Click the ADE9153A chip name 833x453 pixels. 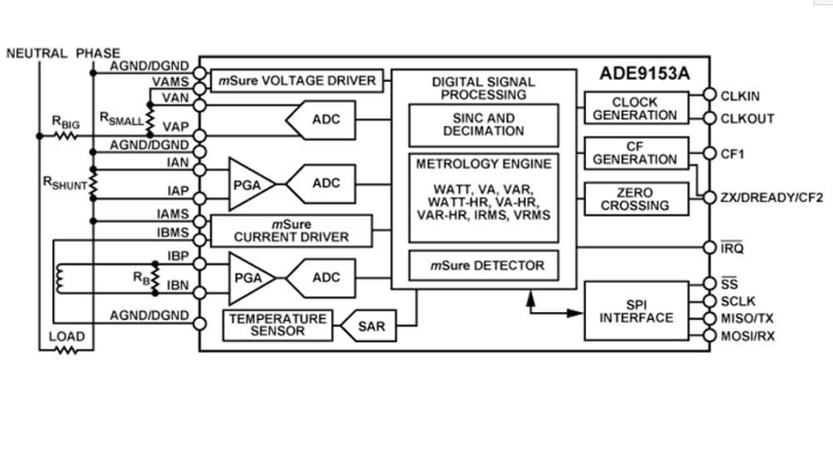click(645, 73)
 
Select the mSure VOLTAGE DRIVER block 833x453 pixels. click(297, 81)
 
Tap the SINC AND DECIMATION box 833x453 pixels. click(483, 125)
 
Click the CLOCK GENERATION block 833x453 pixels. click(635, 108)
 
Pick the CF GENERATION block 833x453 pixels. click(635, 153)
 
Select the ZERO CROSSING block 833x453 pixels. click(635, 199)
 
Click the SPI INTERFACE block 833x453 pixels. click(636, 311)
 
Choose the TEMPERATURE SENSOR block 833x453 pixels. click(278, 325)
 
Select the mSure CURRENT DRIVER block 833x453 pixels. click(291, 231)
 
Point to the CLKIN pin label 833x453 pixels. click(740, 97)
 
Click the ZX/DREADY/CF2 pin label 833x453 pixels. click(772, 198)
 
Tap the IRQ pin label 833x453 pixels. click(732, 248)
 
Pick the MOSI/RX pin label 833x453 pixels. click(746, 336)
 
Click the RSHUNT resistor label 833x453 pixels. click(65, 184)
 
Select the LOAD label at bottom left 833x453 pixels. click(67, 337)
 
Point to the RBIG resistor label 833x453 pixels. click(66, 122)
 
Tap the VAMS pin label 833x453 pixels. click(171, 82)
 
